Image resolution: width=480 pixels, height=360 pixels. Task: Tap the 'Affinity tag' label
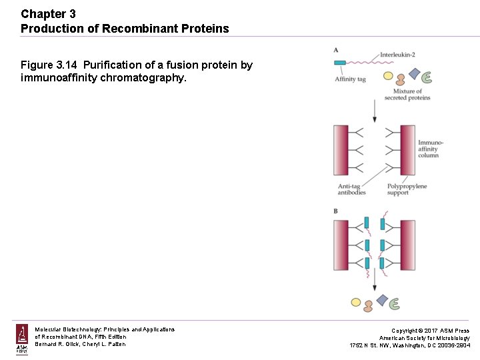point(350,79)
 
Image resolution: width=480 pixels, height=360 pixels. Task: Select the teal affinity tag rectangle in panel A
point(340,63)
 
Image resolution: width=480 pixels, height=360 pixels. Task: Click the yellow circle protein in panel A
point(388,75)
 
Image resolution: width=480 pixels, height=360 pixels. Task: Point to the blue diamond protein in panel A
point(414,73)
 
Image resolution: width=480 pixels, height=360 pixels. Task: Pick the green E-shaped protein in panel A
point(427,77)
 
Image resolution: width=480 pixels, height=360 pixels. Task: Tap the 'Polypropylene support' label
point(407,189)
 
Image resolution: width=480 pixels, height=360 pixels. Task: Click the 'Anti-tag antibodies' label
point(351,189)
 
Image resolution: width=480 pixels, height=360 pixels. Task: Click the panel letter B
point(335,211)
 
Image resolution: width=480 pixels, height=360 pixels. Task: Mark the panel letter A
point(335,50)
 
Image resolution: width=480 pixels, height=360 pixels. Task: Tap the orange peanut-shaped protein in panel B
point(367,306)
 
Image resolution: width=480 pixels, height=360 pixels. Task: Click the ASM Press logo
point(22,339)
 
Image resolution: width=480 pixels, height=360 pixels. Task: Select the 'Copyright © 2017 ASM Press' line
point(430,331)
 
